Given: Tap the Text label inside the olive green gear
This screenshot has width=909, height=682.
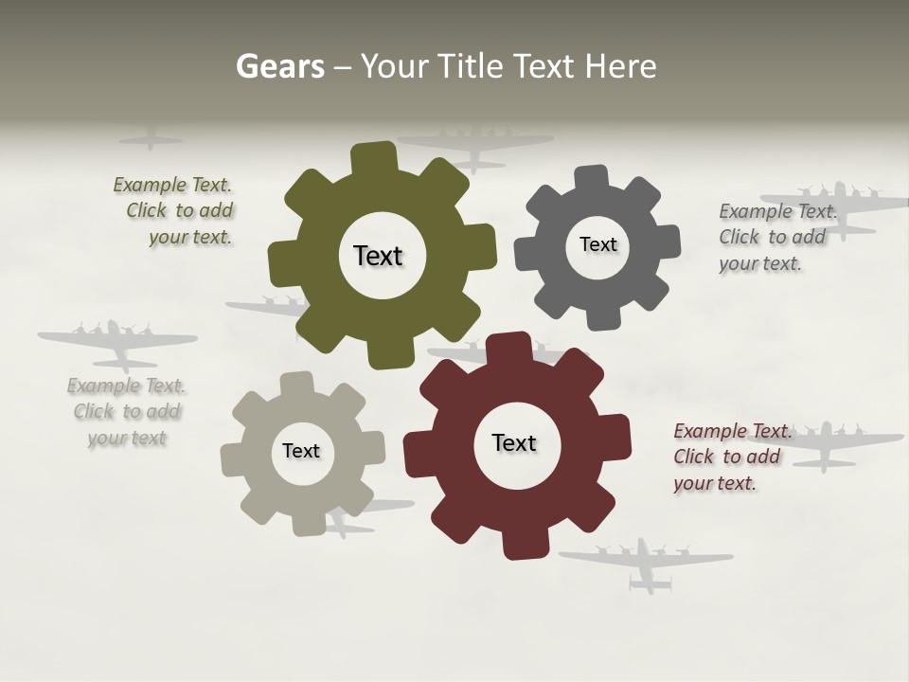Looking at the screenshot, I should (x=378, y=256).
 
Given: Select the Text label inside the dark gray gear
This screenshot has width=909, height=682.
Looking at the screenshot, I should (x=597, y=244).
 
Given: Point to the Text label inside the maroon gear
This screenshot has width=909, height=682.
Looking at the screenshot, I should (x=514, y=442).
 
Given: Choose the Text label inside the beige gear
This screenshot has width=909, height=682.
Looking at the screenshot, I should (x=301, y=451).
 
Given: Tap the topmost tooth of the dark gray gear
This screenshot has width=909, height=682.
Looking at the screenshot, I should (x=591, y=178).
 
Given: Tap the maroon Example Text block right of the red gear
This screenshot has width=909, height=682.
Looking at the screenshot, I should (x=731, y=457).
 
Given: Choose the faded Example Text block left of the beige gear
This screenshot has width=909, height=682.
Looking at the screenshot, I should (x=127, y=411).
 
